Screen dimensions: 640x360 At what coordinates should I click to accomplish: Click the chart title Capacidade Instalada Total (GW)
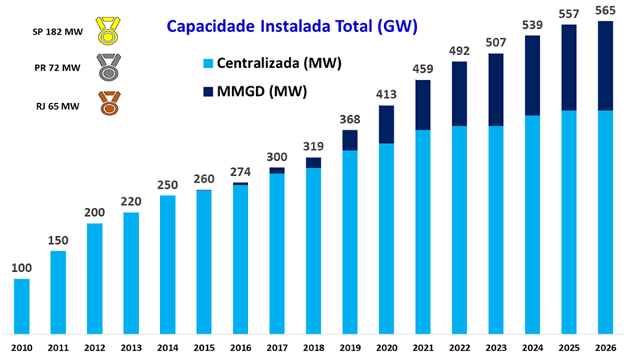(292, 26)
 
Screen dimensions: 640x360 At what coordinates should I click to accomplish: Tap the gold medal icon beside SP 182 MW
(108, 30)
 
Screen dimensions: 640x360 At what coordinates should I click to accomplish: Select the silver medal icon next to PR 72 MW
(109, 67)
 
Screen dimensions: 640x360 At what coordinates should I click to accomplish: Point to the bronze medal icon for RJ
(109, 103)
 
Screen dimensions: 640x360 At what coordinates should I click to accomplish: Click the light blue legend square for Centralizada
(208, 63)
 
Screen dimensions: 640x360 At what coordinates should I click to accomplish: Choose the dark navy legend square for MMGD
(208, 91)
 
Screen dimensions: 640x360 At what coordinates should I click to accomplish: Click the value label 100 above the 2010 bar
(22, 268)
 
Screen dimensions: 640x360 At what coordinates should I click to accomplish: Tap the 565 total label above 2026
(606, 10)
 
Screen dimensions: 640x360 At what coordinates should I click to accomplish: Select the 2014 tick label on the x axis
(167, 348)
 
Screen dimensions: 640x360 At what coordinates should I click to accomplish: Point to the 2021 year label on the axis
(423, 348)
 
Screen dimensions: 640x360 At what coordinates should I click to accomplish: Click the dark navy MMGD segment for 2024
(532, 75)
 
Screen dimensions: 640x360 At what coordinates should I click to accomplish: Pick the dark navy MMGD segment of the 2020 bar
(386, 125)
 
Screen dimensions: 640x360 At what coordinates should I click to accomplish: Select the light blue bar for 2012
(94, 278)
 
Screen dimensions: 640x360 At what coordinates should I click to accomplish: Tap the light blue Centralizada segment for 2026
(606, 222)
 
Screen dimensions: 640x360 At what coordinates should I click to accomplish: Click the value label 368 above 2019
(350, 119)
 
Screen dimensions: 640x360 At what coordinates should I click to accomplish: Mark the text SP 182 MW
(58, 32)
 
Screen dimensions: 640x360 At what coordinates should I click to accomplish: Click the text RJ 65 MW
(58, 106)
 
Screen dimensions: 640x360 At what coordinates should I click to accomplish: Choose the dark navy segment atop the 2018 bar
(314, 163)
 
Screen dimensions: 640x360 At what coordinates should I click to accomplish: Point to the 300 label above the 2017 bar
(277, 157)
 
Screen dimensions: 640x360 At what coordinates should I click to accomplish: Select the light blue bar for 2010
(22, 306)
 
